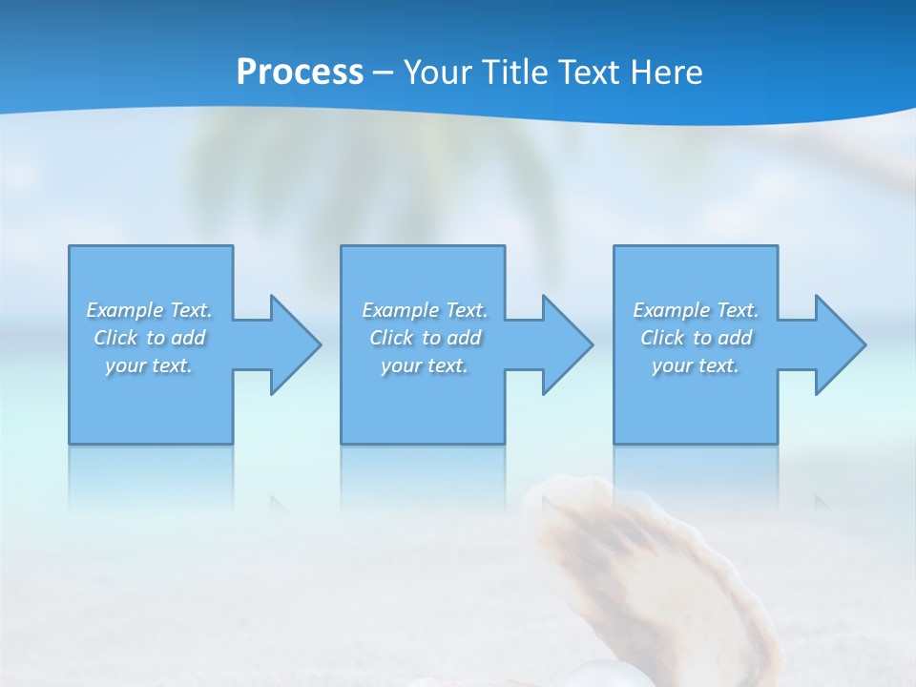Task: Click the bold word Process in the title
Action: click(x=300, y=73)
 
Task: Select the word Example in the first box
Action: click(x=124, y=310)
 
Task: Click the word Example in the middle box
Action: click(x=400, y=310)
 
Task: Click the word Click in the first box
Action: click(x=115, y=338)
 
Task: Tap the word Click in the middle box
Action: click(x=391, y=338)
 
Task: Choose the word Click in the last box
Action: click(x=662, y=338)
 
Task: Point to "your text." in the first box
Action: click(x=149, y=365)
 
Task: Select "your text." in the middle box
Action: click(x=425, y=365)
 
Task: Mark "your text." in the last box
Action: click(x=696, y=365)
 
